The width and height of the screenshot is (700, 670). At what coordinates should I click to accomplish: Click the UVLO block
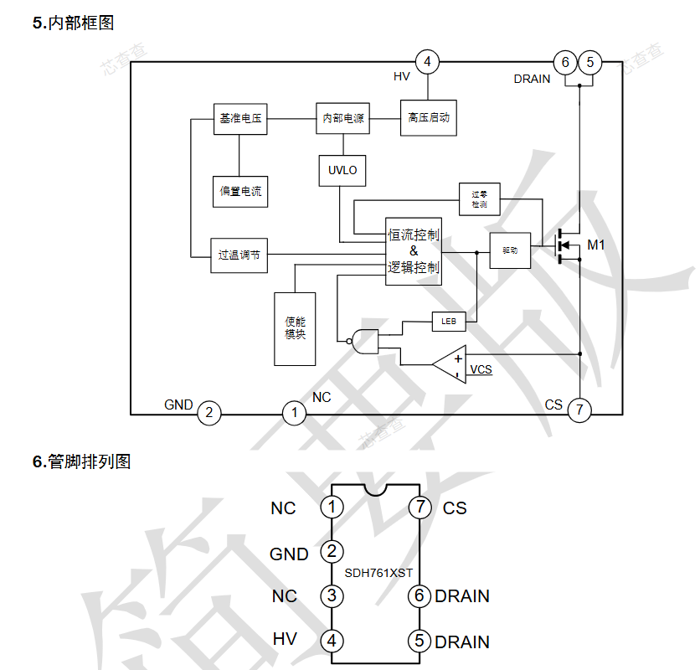pyautogui.click(x=342, y=170)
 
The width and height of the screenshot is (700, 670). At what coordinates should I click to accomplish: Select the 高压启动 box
pyautogui.click(x=428, y=117)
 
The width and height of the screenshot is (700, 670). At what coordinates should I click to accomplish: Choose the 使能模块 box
pyautogui.click(x=295, y=328)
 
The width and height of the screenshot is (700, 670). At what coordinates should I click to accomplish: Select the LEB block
pyautogui.click(x=448, y=321)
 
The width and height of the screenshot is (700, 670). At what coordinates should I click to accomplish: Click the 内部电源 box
pyautogui.click(x=342, y=118)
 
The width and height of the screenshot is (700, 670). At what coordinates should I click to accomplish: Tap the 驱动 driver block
pyautogui.click(x=510, y=250)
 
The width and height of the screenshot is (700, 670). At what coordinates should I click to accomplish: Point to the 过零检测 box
pyautogui.click(x=479, y=198)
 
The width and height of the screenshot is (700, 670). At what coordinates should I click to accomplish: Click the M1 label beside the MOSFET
pyautogui.click(x=595, y=245)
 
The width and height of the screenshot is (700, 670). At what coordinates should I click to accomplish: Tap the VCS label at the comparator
pyautogui.click(x=481, y=369)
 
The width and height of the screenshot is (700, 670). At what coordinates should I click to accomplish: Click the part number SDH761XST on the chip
pyautogui.click(x=378, y=573)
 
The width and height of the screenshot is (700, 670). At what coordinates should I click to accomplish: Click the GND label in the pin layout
pyautogui.click(x=289, y=554)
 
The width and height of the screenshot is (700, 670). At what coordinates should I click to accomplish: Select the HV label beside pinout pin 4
pyautogui.click(x=285, y=639)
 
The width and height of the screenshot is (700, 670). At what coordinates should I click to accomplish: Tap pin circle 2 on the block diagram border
pyautogui.click(x=208, y=413)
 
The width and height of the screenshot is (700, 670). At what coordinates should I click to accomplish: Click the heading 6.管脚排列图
pyautogui.click(x=81, y=461)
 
